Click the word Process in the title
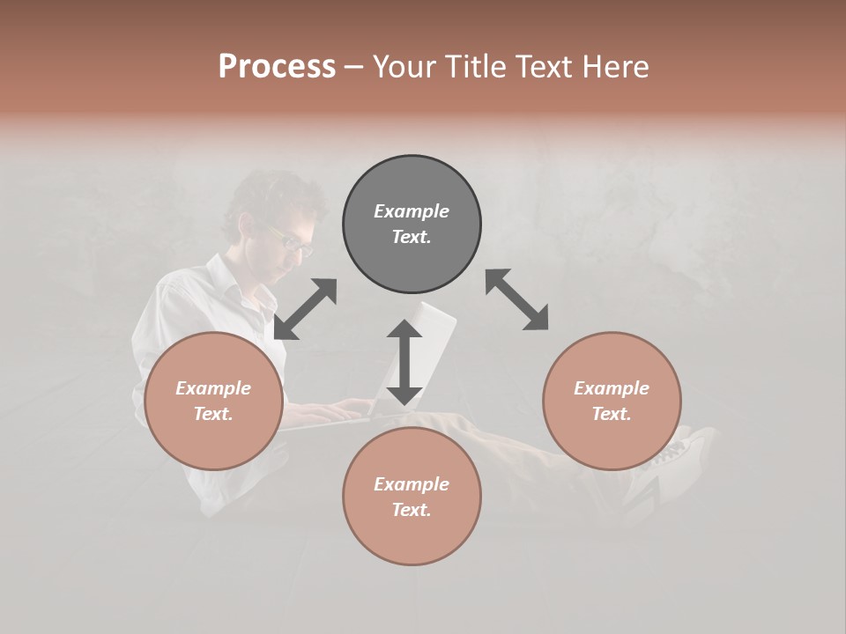click(277, 67)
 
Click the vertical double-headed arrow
click(404, 362)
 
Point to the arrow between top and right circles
click(516, 299)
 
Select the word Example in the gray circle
click(412, 211)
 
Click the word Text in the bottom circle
click(411, 510)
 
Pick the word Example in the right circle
click(612, 388)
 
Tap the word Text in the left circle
click(212, 414)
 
